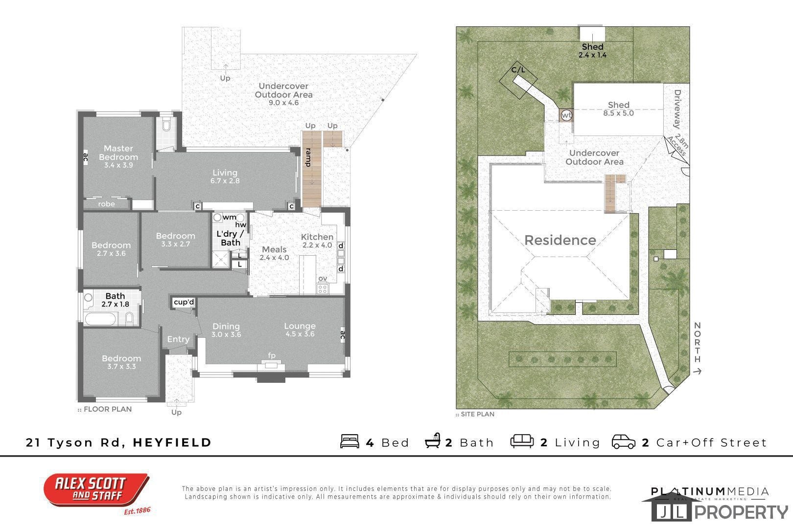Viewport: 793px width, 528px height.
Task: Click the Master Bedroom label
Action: coord(118,153)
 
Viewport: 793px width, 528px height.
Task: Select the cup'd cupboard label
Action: coord(184,302)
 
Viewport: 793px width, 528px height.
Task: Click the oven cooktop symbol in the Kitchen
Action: coord(323,289)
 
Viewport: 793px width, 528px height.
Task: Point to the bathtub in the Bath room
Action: coord(100,319)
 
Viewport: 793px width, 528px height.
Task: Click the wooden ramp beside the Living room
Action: coord(311,170)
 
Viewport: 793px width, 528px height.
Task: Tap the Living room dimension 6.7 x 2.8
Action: coord(225,181)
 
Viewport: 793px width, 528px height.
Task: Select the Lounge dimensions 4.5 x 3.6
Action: coord(300,334)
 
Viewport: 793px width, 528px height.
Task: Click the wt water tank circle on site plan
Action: coord(566,115)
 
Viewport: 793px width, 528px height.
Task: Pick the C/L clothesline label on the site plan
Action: coord(518,70)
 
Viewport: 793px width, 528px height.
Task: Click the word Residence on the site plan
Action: coord(560,241)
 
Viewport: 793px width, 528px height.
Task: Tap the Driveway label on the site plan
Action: coord(677,109)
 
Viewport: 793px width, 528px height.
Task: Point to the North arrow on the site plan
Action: coord(698,372)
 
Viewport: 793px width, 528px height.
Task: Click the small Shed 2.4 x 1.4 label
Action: coord(593,51)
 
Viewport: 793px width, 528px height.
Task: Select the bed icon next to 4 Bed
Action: coord(350,441)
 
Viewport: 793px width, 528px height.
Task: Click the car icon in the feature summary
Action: coord(624,441)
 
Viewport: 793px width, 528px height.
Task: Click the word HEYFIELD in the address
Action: coord(172,442)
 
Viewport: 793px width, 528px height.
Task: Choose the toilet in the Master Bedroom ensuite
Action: coord(166,125)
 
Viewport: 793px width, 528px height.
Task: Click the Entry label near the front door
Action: coord(178,339)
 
